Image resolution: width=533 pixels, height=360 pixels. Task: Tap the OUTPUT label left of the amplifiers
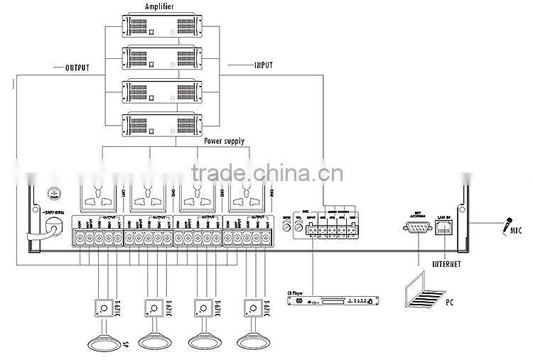[74, 67]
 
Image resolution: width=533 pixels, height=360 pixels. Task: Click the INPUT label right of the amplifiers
[265, 65]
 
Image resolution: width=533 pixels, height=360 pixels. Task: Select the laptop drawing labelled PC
[424, 291]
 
